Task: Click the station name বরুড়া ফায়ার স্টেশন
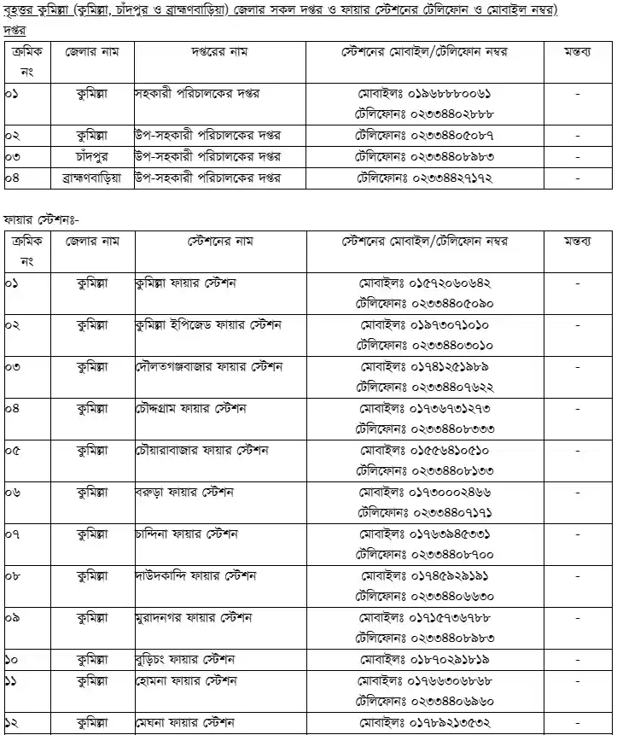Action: point(185,493)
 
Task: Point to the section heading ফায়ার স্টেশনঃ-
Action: point(40,219)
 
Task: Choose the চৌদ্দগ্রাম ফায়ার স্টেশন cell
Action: point(190,408)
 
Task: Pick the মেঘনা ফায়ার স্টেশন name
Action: point(184,722)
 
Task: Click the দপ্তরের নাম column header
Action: point(213,52)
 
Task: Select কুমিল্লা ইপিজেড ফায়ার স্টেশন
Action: point(208,325)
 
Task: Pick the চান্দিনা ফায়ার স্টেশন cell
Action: point(186,534)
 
